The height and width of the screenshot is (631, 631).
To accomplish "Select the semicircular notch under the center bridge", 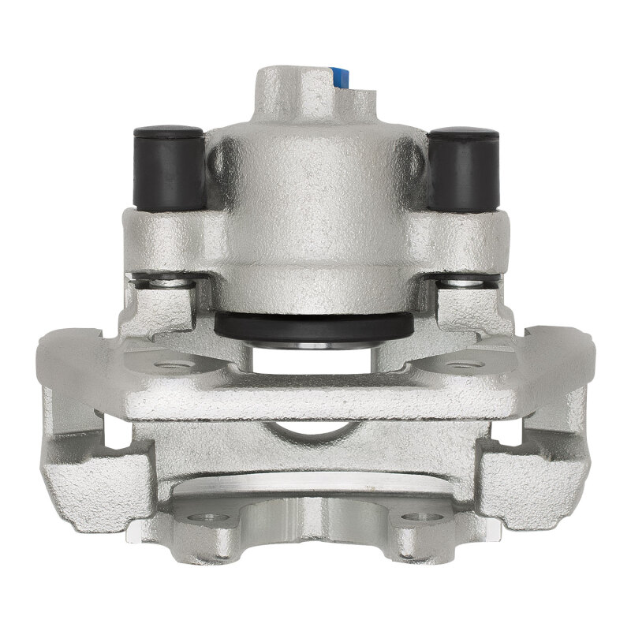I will point(313,430).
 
